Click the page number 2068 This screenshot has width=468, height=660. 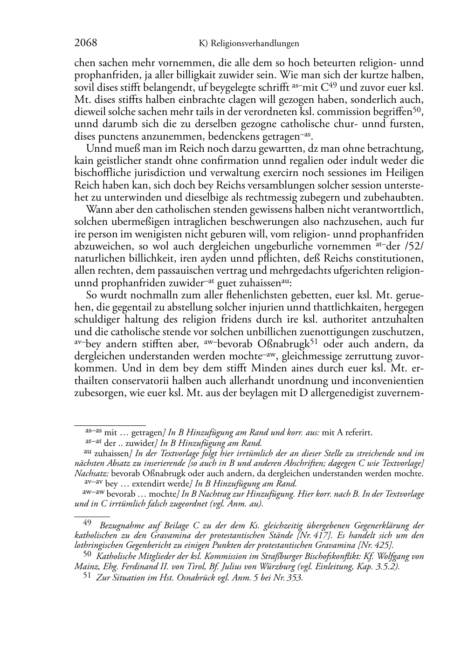[86, 43]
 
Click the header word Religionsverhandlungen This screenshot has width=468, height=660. [255, 44]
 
